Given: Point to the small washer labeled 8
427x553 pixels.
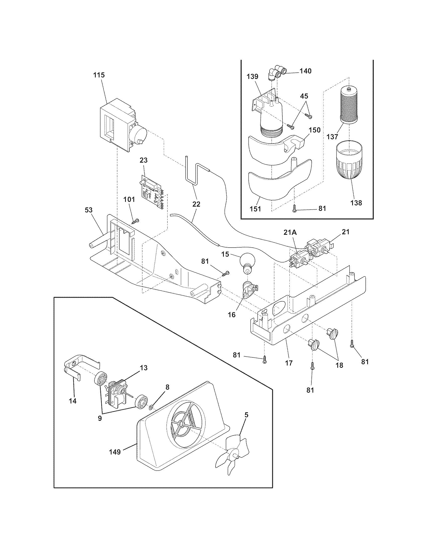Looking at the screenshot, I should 151,407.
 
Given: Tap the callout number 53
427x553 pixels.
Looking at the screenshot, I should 88,210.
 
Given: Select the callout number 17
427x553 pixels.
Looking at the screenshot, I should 289,362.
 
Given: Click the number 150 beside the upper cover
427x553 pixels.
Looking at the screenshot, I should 315,130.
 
